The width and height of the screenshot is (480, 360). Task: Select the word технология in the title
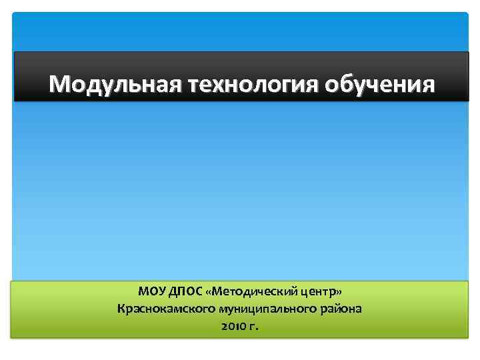[253, 85]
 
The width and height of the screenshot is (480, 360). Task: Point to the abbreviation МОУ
[151, 291]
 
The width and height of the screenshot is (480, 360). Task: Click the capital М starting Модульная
[60, 85]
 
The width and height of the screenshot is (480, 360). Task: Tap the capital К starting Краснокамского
[121, 309]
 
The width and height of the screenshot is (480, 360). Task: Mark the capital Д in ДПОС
[173, 291]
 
